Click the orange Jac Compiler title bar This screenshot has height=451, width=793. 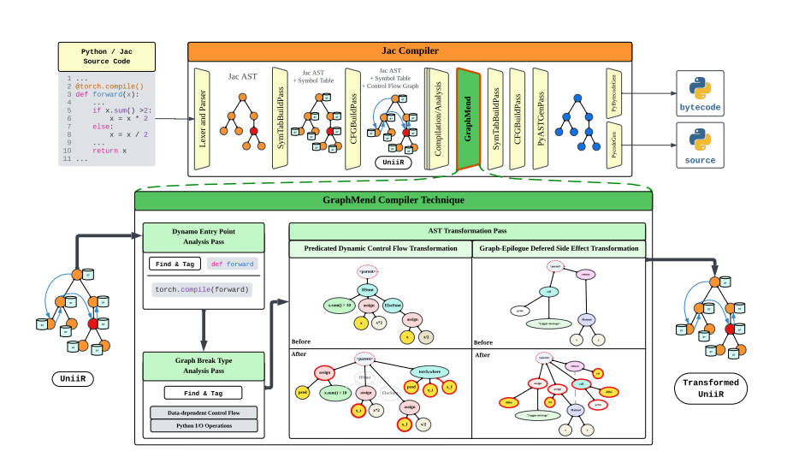coord(411,50)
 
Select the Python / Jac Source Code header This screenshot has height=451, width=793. coord(107,57)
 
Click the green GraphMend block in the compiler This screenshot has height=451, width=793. coord(468,120)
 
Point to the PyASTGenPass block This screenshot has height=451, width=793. coord(539,118)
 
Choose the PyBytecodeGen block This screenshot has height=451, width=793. coord(613,92)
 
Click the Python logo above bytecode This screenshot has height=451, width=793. coord(701,88)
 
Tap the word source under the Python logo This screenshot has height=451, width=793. coord(700,160)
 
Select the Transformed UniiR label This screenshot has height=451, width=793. coord(712,389)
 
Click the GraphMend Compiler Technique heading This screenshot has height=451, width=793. coord(393,200)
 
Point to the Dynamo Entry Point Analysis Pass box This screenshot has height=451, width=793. coord(204,236)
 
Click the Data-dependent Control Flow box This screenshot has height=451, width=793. coord(204,412)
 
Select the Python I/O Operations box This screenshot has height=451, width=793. coord(204,425)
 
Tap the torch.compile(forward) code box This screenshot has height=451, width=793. coord(203,289)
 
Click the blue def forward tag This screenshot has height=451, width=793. coord(232,264)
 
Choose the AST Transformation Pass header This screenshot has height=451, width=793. coord(467,231)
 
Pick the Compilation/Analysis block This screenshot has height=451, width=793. coord(437,120)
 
